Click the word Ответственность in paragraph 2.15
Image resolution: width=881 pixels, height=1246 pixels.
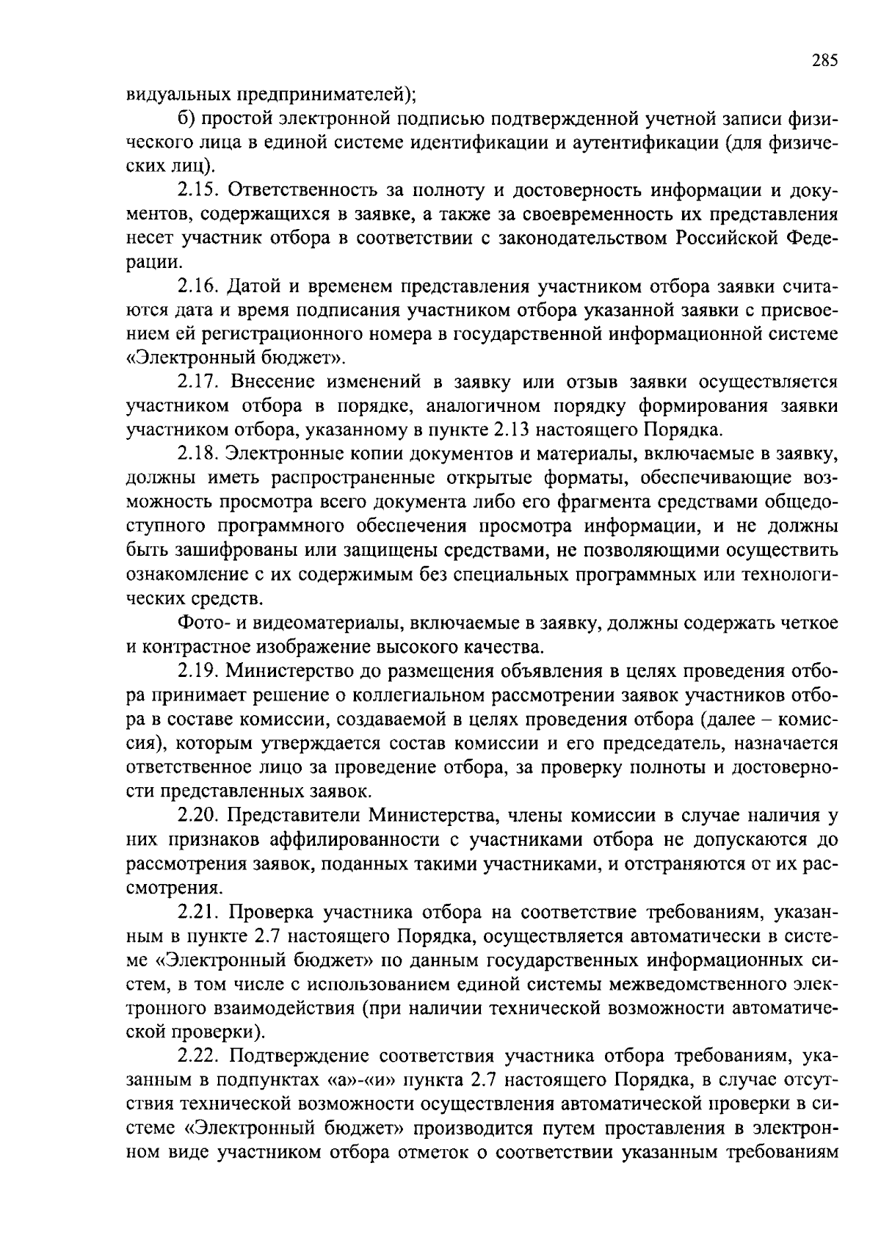click(x=303, y=190)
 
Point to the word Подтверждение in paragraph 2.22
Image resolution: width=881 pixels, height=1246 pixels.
click(x=300, y=1056)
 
